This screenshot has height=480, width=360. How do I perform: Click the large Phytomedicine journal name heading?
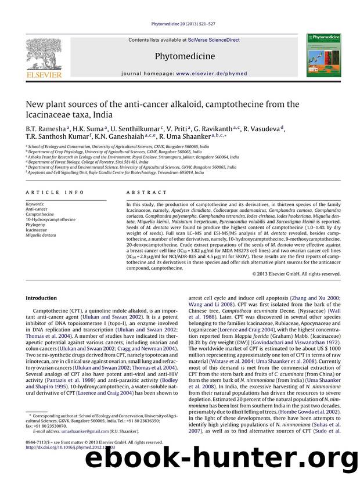click(180, 56)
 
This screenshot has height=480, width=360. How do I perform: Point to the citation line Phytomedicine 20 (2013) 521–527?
click(179, 23)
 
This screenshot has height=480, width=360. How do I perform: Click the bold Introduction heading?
click(41, 298)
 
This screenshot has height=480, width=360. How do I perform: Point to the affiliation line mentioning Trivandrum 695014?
click(116, 172)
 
